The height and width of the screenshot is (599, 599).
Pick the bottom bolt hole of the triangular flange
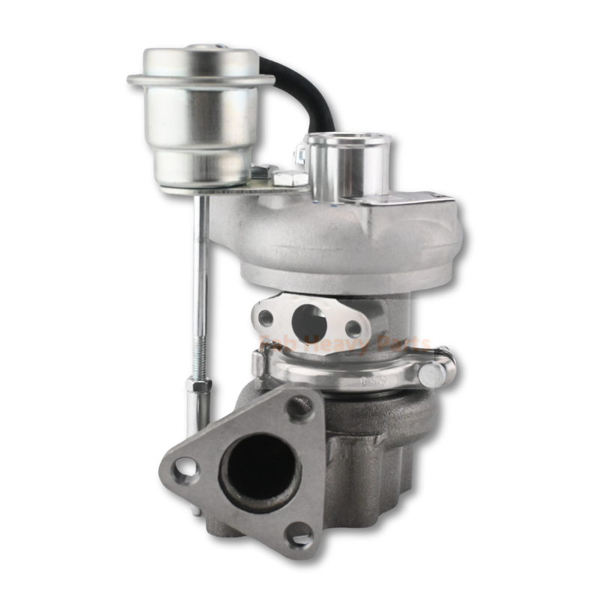tap(299, 535)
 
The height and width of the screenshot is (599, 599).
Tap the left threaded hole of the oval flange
tap(266, 317)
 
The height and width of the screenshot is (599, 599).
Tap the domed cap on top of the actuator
tap(200, 57)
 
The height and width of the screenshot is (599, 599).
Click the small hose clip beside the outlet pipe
tap(302, 154)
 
